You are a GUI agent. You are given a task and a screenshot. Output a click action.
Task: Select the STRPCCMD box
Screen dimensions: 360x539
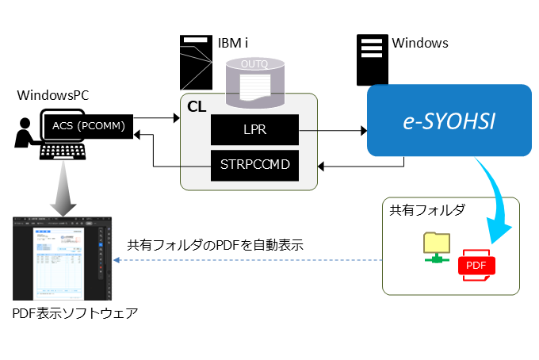(254, 165)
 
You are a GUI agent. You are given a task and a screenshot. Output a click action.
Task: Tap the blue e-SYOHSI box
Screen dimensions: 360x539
(449, 121)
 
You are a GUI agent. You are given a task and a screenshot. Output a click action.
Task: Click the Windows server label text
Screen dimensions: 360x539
(420, 43)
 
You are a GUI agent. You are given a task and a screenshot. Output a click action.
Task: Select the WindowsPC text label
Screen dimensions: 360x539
(53, 96)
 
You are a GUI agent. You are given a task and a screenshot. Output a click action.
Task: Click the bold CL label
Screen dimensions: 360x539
(196, 106)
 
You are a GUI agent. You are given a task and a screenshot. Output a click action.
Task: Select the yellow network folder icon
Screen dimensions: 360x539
(435, 246)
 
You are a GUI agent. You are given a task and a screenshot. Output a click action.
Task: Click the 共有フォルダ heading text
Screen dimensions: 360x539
(426, 211)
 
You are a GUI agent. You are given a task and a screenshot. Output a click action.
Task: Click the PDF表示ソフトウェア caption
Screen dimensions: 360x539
(75, 314)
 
